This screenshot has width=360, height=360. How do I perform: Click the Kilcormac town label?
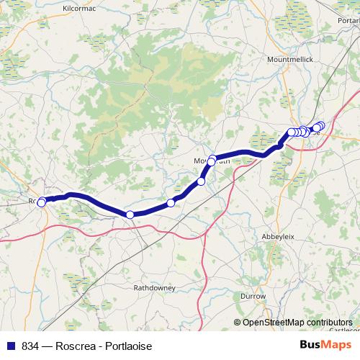78,7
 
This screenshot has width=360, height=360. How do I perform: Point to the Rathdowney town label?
154,287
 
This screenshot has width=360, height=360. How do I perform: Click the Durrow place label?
253,296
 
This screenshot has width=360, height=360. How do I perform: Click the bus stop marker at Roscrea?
41,202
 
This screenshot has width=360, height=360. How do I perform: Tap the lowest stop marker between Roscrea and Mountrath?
130,215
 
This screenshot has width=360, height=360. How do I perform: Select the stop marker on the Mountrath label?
212,160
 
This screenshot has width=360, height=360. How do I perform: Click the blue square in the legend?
8,346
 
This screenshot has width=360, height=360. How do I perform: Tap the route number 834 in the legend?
30,346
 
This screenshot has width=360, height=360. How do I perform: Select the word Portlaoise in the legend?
127,346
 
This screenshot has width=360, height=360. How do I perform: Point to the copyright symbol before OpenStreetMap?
238,323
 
